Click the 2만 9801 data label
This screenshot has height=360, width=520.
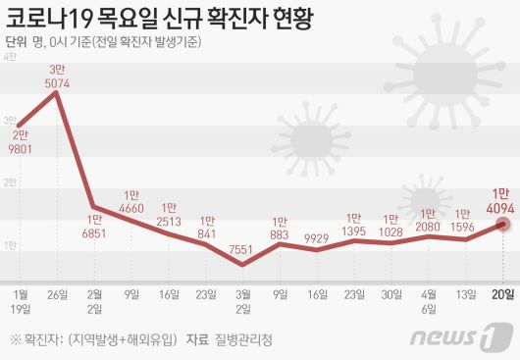point(21,143)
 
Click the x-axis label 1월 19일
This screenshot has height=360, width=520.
point(21,300)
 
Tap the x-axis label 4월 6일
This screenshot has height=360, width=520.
point(429,300)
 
